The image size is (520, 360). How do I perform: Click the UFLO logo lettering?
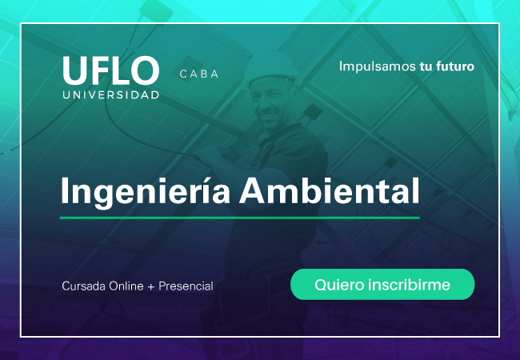coord(110,70)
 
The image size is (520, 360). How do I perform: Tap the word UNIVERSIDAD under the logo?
coord(111,95)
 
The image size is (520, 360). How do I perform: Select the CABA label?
coord(199,74)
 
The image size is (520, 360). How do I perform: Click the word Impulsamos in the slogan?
coord(378,66)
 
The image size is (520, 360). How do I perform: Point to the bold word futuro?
coord(455,66)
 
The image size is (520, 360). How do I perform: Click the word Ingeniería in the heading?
coord(146,192)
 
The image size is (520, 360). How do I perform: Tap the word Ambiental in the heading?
coord(330,190)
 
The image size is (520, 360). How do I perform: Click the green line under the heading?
coord(240,218)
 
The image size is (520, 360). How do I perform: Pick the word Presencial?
coord(186,286)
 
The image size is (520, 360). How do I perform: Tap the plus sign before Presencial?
coord(151,286)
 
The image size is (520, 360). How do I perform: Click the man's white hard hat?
coord(271,68)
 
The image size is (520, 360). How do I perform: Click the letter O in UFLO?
coord(145,70)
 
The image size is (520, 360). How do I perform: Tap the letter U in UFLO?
coord(74,70)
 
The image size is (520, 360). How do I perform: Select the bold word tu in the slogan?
coord(426,66)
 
